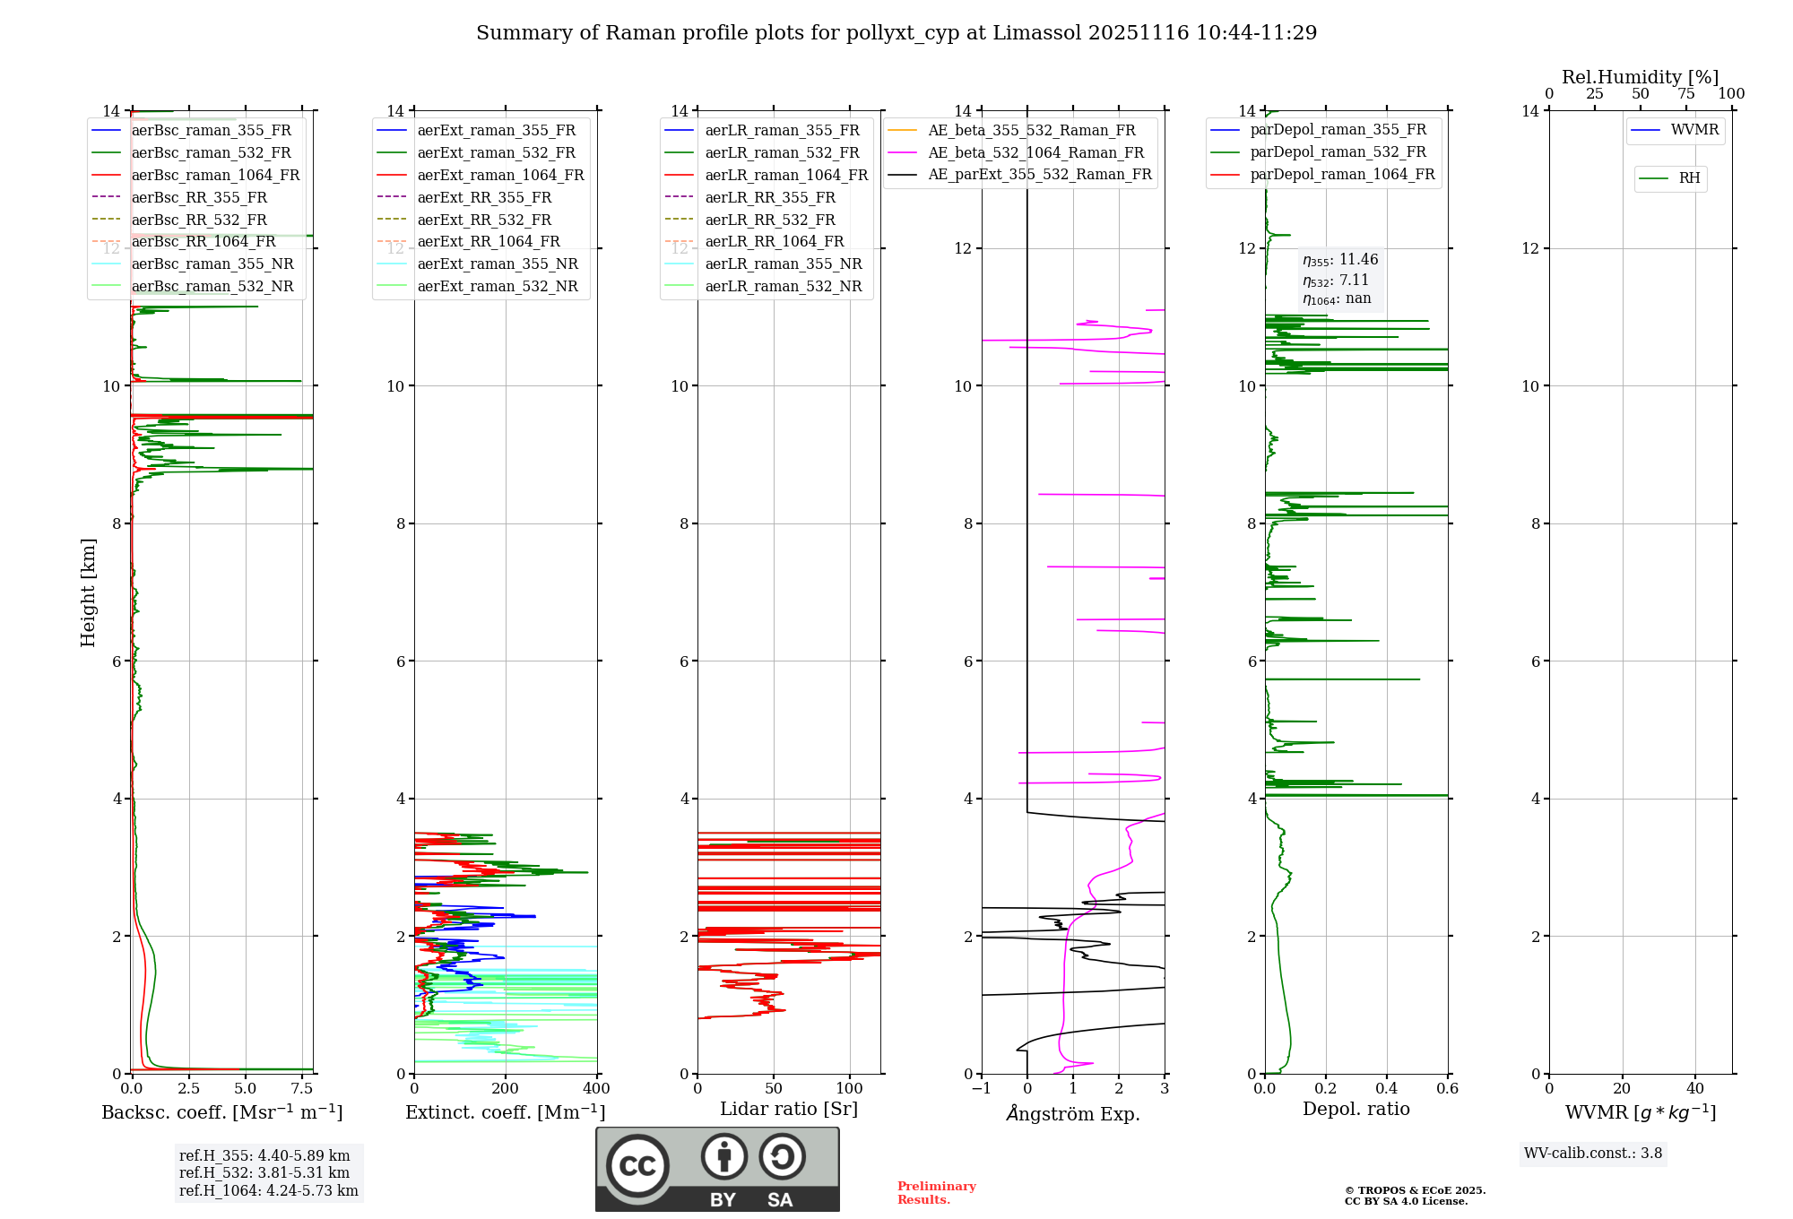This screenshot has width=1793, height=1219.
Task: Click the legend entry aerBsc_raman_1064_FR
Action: coord(215,176)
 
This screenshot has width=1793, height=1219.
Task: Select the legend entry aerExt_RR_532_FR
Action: coord(484,220)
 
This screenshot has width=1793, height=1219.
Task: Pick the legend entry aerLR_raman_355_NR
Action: coord(783,264)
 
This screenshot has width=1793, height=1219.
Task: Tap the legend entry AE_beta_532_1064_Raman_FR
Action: coord(1035,152)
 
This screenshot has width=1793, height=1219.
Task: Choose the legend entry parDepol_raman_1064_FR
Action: coord(1342,175)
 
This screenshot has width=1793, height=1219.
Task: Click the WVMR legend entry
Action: coord(1694,130)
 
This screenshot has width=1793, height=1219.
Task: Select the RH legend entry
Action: coord(1689,178)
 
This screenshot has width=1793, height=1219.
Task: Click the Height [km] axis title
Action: coord(88,592)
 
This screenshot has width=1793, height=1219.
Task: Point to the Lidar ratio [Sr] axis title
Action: coord(789,1110)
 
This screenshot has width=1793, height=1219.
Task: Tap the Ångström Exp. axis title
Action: coord(1073,1114)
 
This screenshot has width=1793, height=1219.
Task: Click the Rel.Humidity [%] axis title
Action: coord(1640,77)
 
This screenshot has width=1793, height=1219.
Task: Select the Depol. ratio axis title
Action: coord(1356,1110)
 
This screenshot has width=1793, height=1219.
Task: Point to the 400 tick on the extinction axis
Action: coord(597,1089)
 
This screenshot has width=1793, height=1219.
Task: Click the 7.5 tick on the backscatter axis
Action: coord(302,1089)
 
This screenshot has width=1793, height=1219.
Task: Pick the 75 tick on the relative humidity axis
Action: coord(1686,94)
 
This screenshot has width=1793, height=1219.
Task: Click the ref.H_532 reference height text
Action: coord(264,1172)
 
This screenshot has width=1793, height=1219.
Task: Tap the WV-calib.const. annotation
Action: coord(1593,1154)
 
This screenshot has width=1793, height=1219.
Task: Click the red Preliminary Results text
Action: coord(936,1193)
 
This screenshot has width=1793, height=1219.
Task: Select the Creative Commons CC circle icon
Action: coord(637,1166)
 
